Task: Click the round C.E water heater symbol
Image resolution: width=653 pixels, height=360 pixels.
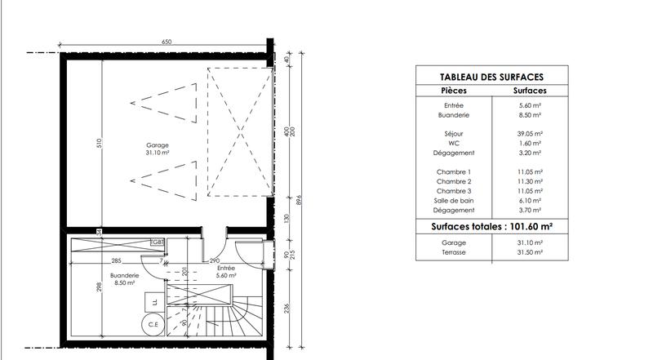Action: (x=153, y=325)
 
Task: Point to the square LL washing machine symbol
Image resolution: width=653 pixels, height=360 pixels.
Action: (x=153, y=303)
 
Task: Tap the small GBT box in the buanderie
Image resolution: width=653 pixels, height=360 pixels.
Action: (x=158, y=242)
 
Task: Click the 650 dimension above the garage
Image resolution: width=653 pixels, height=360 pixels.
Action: (x=167, y=41)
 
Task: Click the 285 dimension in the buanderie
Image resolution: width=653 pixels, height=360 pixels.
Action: (x=117, y=261)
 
